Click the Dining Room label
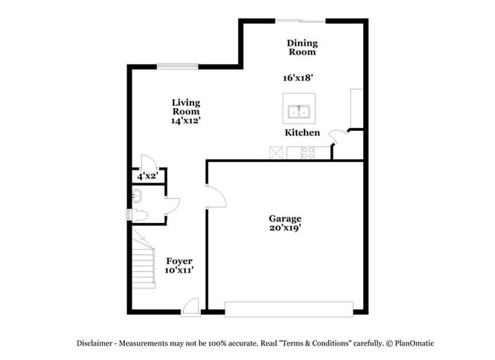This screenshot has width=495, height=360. (302, 48)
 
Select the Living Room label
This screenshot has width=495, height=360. (186, 107)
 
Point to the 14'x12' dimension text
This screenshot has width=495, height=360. (186, 120)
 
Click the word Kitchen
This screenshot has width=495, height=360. (302, 133)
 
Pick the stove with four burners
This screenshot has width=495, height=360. (309, 152)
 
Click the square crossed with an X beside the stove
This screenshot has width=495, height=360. (276, 152)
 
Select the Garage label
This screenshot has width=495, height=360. (284, 218)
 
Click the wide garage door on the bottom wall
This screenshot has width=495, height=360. (289, 308)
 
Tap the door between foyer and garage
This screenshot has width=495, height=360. (215, 196)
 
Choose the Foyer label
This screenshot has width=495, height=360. (178, 261)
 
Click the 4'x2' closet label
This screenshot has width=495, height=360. (146, 177)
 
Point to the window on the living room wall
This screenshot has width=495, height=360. (177, 66)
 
